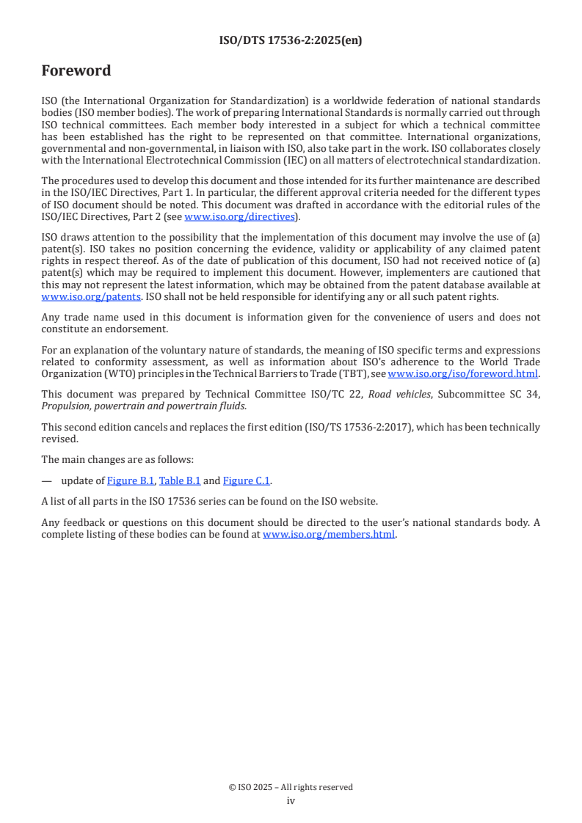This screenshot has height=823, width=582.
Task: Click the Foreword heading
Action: [x=76, y=71]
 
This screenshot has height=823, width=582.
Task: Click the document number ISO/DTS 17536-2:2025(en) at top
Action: [x=291, y=41]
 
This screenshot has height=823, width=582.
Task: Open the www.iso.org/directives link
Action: [x=239, y=216]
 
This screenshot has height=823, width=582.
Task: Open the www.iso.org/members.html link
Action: [x=329, y=535]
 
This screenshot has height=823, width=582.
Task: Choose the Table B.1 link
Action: [x=180, y=481]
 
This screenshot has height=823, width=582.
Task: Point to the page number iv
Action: [x=291, y=801]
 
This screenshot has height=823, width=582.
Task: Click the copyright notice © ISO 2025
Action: [x=291, y=787]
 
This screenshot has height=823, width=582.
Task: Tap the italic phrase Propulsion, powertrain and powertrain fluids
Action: [x=144, y=405]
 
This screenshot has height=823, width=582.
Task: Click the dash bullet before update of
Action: [x=47, y=481]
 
